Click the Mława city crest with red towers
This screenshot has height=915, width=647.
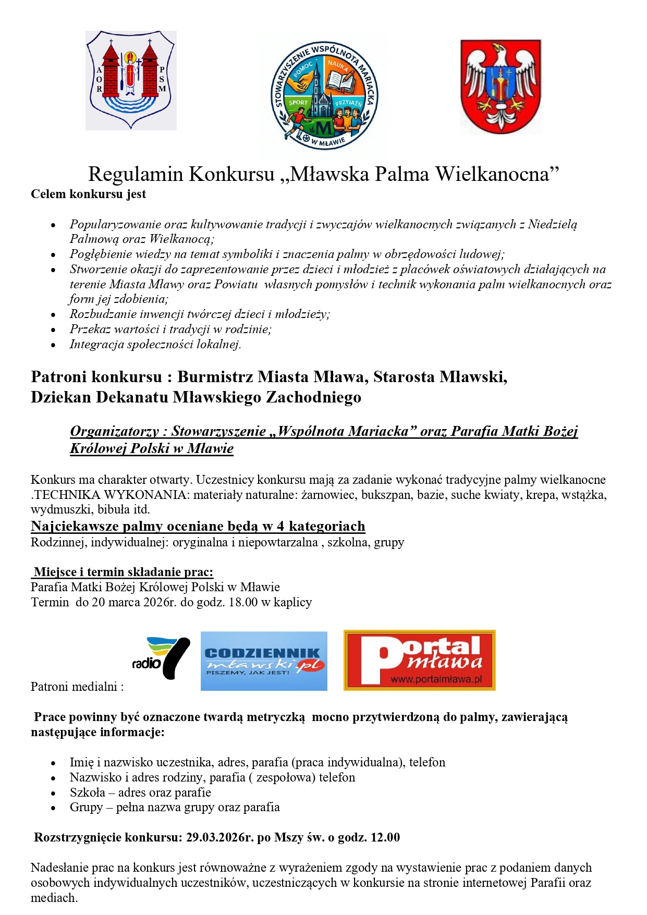tap(131, 80)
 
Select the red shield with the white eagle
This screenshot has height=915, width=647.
tap(500, 86)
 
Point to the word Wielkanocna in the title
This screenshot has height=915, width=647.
tap(497, 174)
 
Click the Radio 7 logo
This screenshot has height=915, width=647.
tap(161, 658)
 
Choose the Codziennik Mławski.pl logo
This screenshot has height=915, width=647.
tap(264, 661)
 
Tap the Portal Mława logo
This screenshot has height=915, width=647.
tap(419, 660)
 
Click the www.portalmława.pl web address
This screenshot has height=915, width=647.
tap(436, 679)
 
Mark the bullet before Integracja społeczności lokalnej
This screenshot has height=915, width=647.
tap(53, 345)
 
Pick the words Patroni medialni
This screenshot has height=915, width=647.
tap(77, 687)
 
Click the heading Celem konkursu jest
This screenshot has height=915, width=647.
tap(88, 194)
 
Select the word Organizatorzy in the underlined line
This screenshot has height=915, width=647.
tap(115, 431)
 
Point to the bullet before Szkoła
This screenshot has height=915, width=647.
tap(53, 793)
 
